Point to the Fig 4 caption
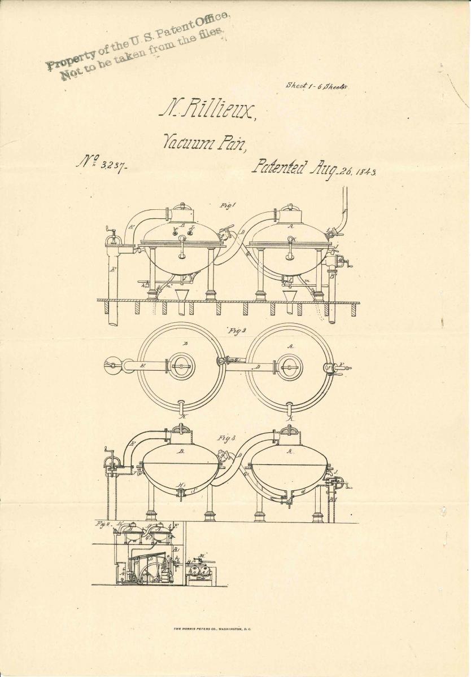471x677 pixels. click(103, 524)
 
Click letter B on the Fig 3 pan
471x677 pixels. click(182, 451)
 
